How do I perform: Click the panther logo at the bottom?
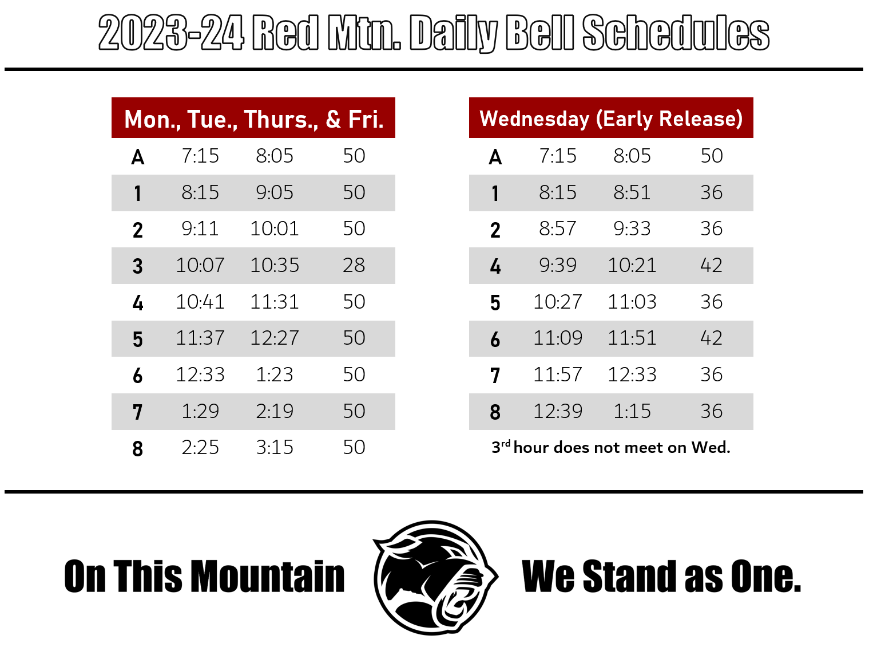pyautogui.click(x=434, y=577)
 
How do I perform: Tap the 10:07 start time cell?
pyautogui.click(x=200, y=266)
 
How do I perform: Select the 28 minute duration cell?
pyautogui.click(x=354, y=266)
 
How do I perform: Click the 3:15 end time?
pyautogui.click(x=275, y=448)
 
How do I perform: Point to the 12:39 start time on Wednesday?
pyautogui.click(x=557, y=412)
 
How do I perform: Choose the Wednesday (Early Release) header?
pyautogui.click(x=611, y=119)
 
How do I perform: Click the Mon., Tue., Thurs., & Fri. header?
pyautogui.click(x=253, y=119)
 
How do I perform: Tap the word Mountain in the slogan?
pyautogui.click(x=267, y=577)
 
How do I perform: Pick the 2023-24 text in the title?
pyautogui.click(x=171, y=33)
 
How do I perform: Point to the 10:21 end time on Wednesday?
pyautogui.click(x=632, y=266)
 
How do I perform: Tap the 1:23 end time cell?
pyautogui.click(x=275, y=375)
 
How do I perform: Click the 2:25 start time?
pyautogui.click(x=200, y=448)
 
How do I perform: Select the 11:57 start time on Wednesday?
pyautogui.click(x=557, y=375)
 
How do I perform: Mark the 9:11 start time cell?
pyautogui.click(x=200, y=229)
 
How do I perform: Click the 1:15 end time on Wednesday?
pyautogui.click(x=632, y=412)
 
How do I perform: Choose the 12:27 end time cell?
pyautogui.click(x=275, y=338)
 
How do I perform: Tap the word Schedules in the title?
pyautogui.click(x=676, y=33)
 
